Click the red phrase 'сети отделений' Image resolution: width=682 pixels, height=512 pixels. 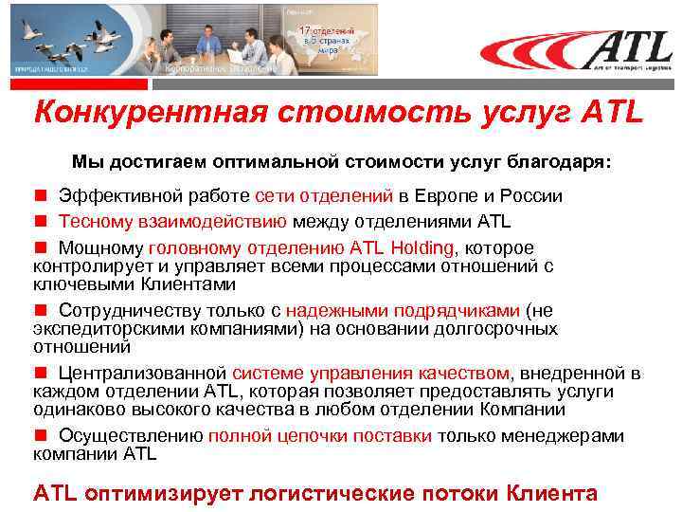click(324, 196)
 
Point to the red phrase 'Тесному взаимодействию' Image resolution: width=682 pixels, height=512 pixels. click(172, 222)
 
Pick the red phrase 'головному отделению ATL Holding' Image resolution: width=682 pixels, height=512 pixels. click(300, 248)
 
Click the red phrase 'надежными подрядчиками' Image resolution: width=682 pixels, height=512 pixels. click(404, 310)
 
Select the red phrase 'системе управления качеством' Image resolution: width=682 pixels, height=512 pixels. click(370, 374)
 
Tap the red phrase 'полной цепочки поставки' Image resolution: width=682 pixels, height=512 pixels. click(320, 436)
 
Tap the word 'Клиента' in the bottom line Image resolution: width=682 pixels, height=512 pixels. click(552, 493)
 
